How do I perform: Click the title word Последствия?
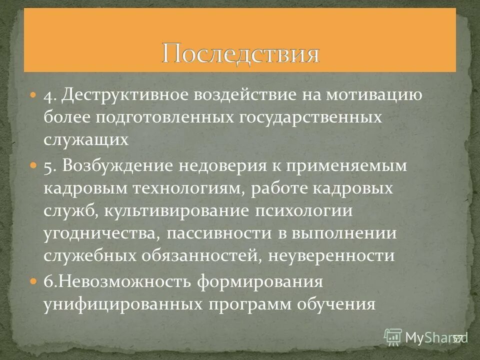coord(240,53)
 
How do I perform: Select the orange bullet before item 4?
coord(33,94)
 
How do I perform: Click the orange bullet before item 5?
coord(33,166)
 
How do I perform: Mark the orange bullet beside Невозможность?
coord(33,281)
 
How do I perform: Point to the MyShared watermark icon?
coord(393,337)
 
